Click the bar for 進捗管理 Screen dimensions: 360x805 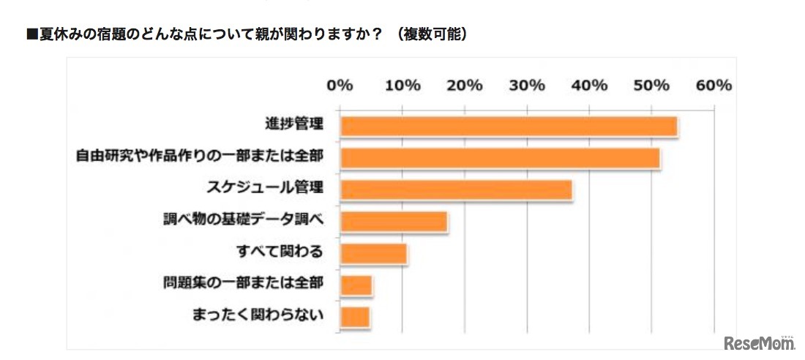[x=509, y=127]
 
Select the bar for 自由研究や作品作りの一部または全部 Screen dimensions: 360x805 [x=500, y=158]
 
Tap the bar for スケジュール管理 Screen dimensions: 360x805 [x=456, y=190]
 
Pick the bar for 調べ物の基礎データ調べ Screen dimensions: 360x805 [x=394, y=221]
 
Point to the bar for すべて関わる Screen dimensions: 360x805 [x=373, y=253]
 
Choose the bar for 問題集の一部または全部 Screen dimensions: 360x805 [x=356, y=285]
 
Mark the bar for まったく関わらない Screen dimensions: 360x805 [x=355, y=316]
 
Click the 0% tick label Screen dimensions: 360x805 [x=340, y=85]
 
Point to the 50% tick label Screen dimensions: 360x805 [x=651, y=85]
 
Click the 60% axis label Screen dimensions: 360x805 [x=714, y=85]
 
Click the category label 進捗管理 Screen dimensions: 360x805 [x=293, y=125]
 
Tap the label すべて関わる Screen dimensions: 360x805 [x=280, y=252]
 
